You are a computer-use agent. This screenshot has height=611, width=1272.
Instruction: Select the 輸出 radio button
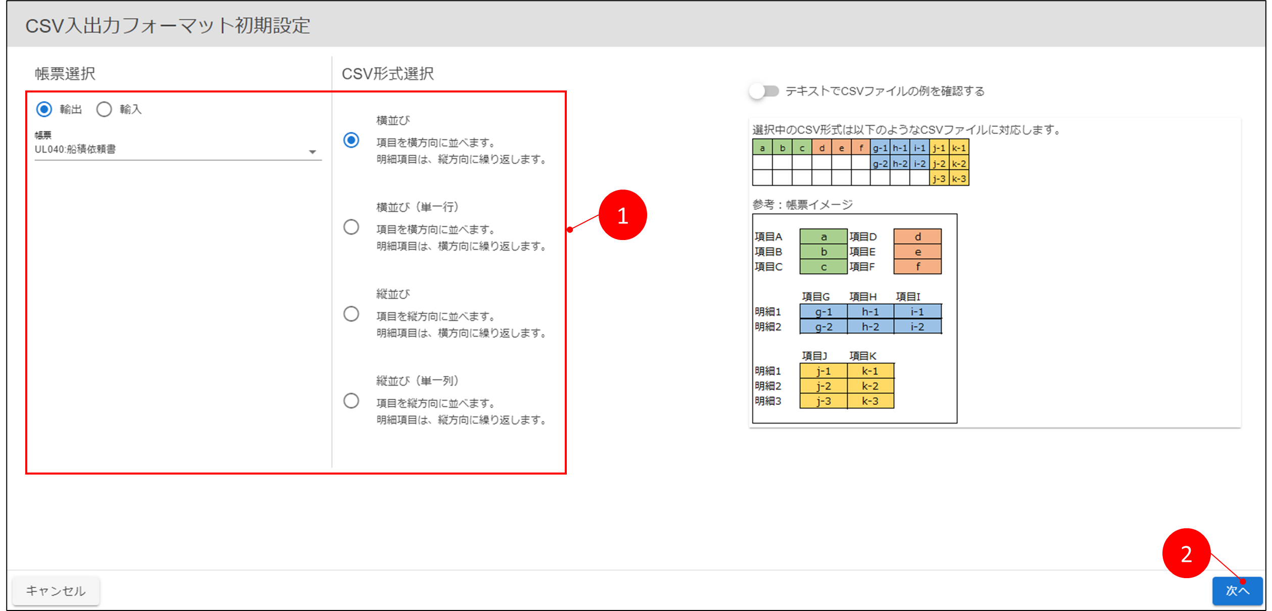44,109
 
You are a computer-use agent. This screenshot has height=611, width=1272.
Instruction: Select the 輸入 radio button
104,109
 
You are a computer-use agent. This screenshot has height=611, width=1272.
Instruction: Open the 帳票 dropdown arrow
313,152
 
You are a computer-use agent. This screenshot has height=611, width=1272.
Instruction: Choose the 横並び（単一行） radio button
351,227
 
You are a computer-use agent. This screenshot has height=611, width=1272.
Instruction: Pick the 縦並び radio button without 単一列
351,314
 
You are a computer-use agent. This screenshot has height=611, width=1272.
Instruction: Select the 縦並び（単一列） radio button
351,401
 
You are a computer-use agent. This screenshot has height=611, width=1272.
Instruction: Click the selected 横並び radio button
351,140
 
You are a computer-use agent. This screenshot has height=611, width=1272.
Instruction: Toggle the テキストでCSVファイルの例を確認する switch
764,91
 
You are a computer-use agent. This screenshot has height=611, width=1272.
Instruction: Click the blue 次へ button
1238,590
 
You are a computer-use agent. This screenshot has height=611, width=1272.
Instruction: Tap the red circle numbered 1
622,215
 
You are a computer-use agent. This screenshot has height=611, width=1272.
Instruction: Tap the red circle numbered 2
1186,553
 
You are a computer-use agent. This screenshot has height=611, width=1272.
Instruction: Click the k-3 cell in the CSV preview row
959,178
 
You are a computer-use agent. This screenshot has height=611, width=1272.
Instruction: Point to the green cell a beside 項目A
823,237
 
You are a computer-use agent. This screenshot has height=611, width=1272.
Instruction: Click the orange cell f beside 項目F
917,266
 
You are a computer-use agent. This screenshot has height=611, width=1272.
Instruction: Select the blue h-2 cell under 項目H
870,326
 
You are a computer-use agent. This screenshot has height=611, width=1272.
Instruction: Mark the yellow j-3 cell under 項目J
823,401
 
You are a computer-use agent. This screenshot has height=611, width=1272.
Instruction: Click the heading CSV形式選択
387,74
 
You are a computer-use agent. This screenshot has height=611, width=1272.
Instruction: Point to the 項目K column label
863,356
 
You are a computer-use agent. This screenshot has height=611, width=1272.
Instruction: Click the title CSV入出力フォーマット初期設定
168,25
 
